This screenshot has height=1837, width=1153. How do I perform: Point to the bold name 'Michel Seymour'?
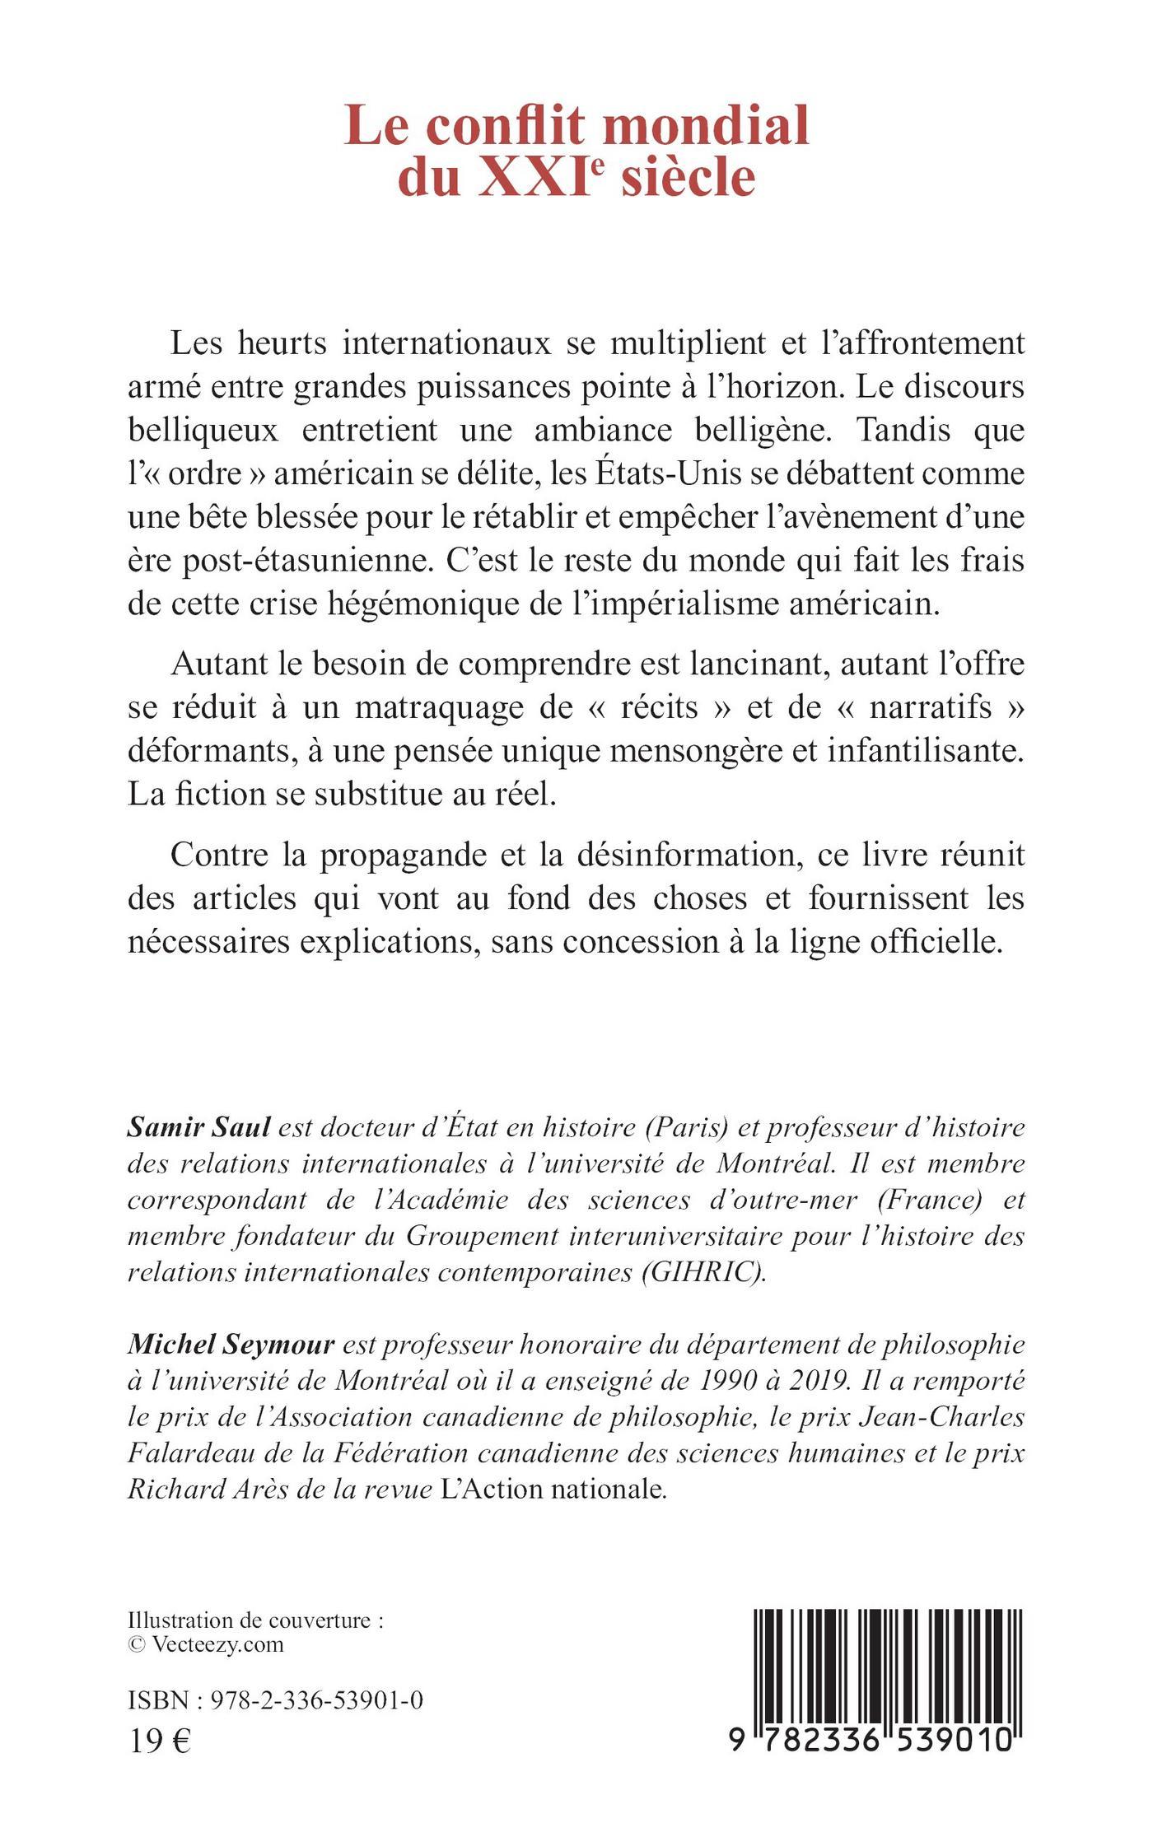point(231,1345)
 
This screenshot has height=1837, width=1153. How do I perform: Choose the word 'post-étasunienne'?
point(274,562)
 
